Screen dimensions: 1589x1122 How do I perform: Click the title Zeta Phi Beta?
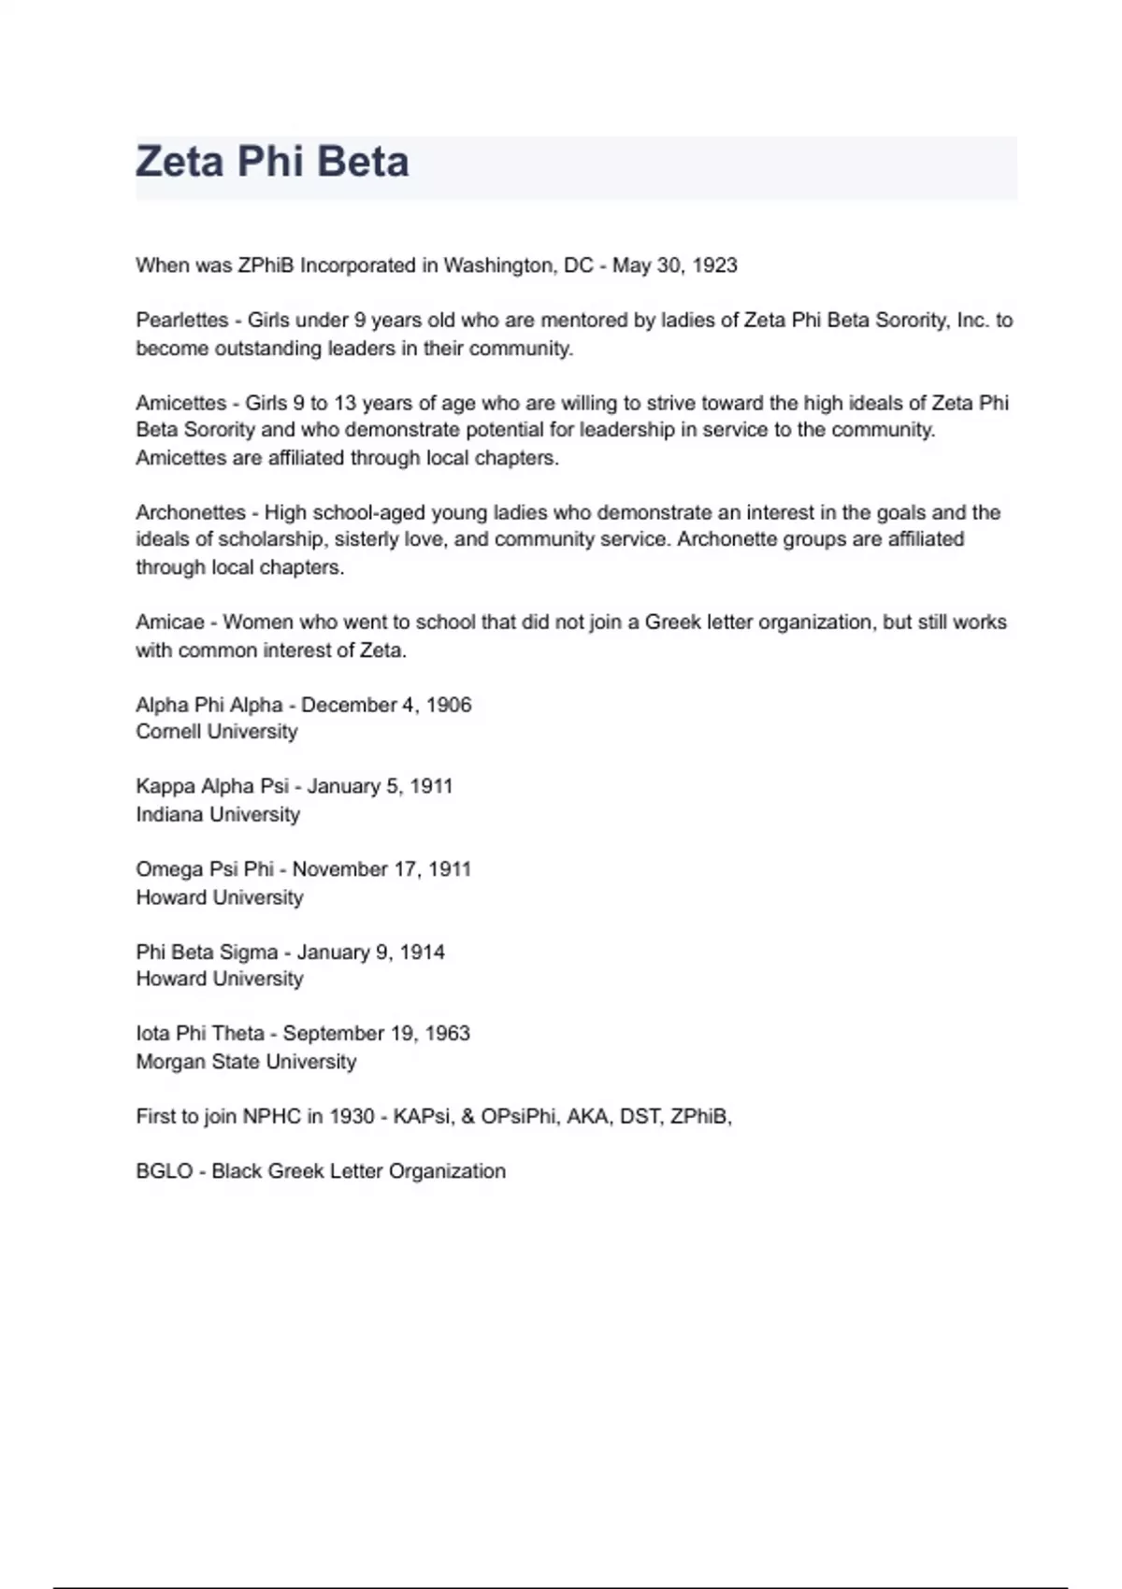click(272, 162)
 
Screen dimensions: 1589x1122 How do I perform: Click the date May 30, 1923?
click(674, 265)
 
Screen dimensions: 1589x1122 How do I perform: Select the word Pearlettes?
click(181, 321)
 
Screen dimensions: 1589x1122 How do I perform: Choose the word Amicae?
click(169, 623)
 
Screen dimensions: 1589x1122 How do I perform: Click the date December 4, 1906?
click(386, 705)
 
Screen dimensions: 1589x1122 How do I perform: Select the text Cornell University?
click(217, 732)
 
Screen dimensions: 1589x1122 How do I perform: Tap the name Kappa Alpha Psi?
click(212, 786)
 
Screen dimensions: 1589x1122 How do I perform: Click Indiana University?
click(218, 814)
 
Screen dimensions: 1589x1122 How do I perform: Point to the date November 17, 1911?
click(381, 869)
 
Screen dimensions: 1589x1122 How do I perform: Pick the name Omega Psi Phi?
click(205, 869)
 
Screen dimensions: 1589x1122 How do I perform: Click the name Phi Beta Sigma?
click(207, 952)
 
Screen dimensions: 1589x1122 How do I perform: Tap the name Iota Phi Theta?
click(200, 1034)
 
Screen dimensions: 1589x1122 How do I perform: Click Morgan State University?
click(246, 1062)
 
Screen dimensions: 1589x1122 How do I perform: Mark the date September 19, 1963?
click(376, 1034)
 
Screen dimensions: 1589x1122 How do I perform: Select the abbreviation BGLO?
click(164, 1171)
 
